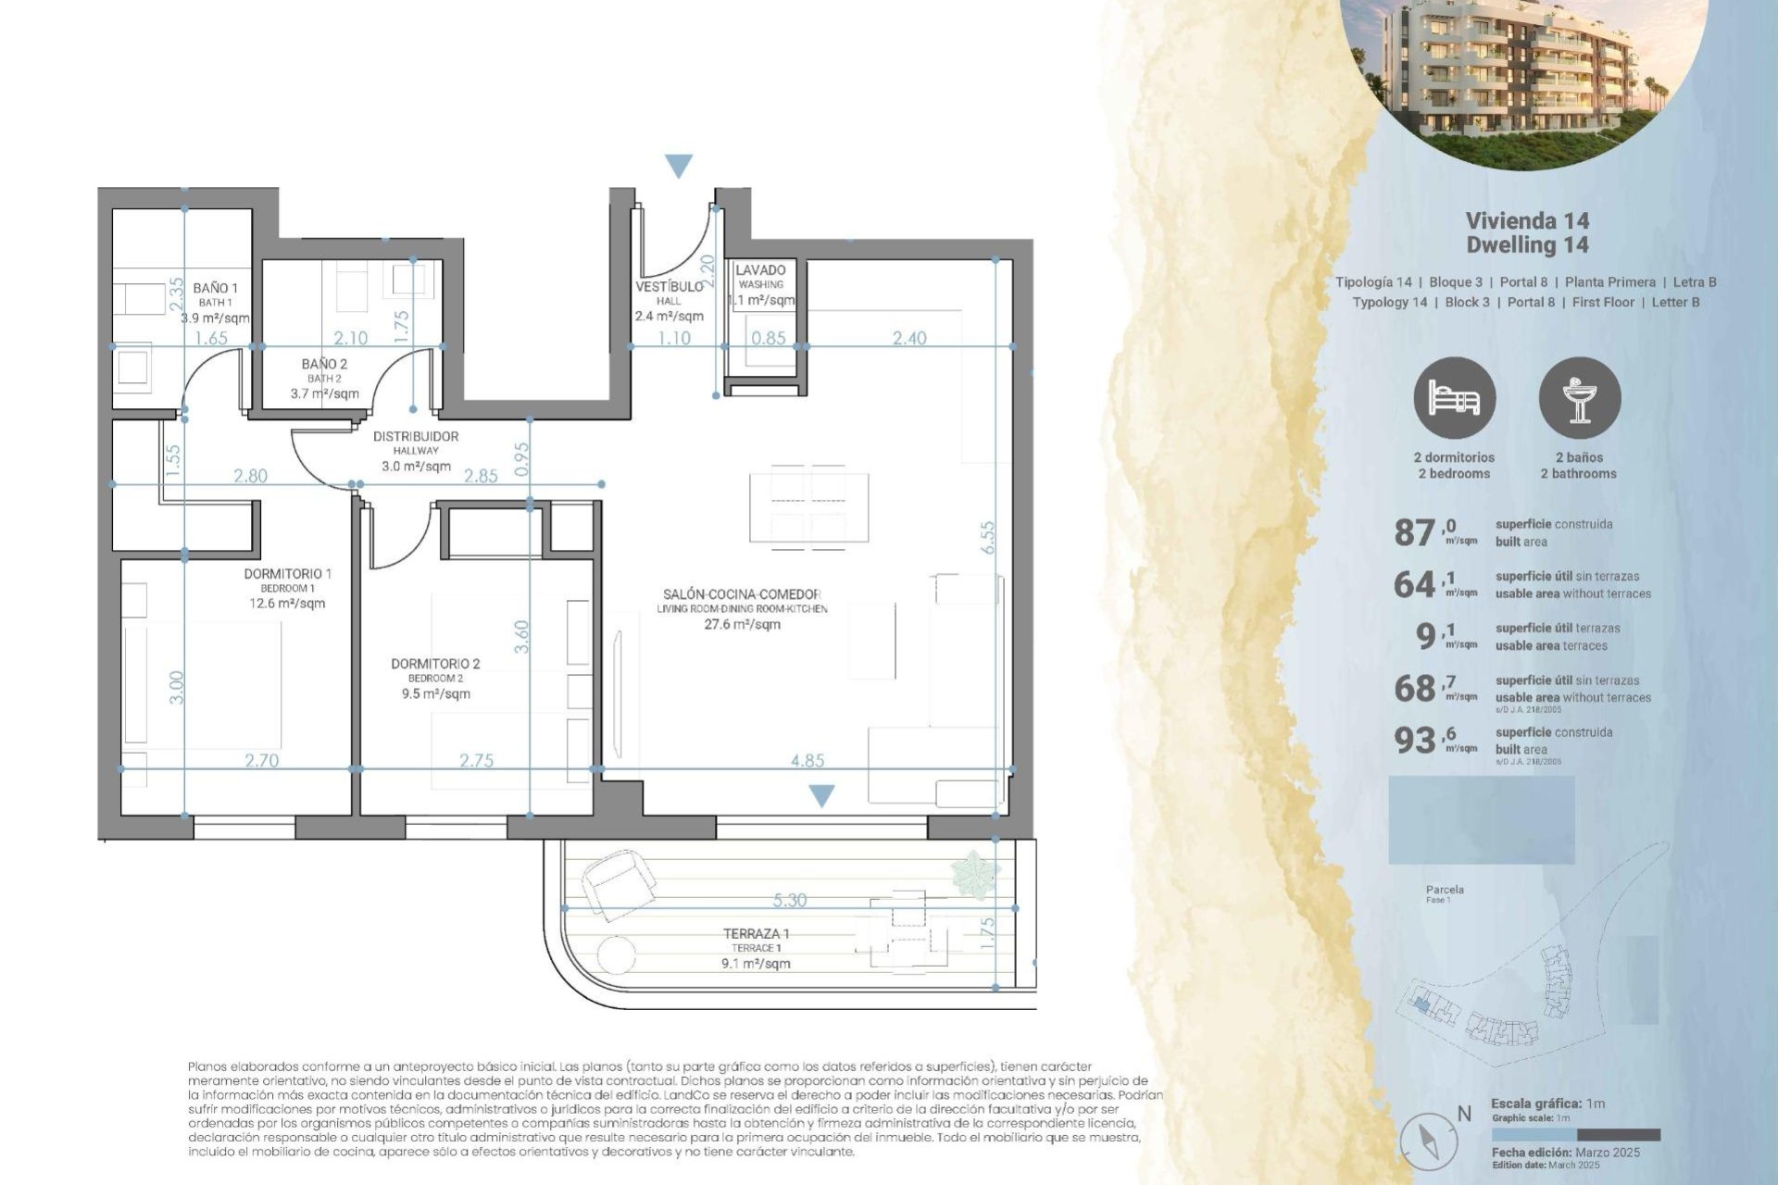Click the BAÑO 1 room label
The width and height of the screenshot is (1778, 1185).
pyautogui.click(x=215, y=288)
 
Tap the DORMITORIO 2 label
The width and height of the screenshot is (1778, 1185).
pyautogui.click(x=435, y=664)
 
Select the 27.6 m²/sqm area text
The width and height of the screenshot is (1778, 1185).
pyautogui.click(x=742, y=624)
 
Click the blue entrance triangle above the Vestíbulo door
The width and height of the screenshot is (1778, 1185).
pyautogui.click(x=679, y=166)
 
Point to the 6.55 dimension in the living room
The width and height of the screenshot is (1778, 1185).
pyautogui.click(x=987, y=537)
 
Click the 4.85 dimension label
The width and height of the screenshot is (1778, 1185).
pyautogui.click(x=808, y=760)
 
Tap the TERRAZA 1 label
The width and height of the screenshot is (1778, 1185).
pyautogui.click(x=756, y=933)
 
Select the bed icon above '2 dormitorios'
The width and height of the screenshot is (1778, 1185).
pyautogui.click(x=1454, y=398)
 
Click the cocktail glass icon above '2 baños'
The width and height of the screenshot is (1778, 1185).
pyautogui.click(x=1579, y=398)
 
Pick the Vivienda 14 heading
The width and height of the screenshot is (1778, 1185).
pyautogui.click(x=1527, y=220)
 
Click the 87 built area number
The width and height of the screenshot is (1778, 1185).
pyautogui.click(x=1414, y=533)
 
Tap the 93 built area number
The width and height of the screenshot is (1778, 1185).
pyautogui.click(x=1414, y=741)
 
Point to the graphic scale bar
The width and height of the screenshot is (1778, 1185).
pyautogui.click(x=1575, y=1134)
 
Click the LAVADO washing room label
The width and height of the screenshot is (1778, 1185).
pyautogui.click(x=760, y=270)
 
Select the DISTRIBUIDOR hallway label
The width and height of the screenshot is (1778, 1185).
pyautogui.click(x=416, y=436)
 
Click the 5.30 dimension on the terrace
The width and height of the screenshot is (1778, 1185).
pyautogui.click(x=790, y=900)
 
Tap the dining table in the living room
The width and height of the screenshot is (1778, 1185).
pyautogui.click(x=808, y=507)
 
